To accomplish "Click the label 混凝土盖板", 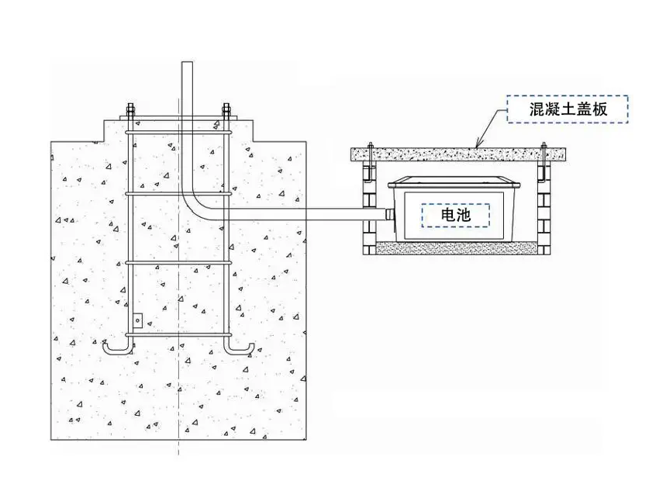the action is [x=568, y=109].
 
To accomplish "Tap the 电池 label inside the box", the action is [x=456, y=215].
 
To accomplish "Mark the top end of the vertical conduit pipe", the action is [x=187, y=63].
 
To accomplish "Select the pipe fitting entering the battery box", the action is [x=390, y=214].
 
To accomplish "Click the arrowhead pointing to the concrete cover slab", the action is [x=478, y=144].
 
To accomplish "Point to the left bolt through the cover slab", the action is [x=371, y=161].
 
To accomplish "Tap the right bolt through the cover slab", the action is [x=543, y=161].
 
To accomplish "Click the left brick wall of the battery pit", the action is [x=370, y=208].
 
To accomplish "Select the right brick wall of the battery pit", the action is [x=544, y=208].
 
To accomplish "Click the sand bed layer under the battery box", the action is [x=457, y=248].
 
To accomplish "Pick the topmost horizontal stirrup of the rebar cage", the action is [x=179, y=133].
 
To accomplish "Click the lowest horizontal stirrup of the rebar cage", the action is [x=179, y=335].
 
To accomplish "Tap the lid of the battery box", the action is [x=454, y=182].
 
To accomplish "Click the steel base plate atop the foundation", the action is [x=178, y=117].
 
